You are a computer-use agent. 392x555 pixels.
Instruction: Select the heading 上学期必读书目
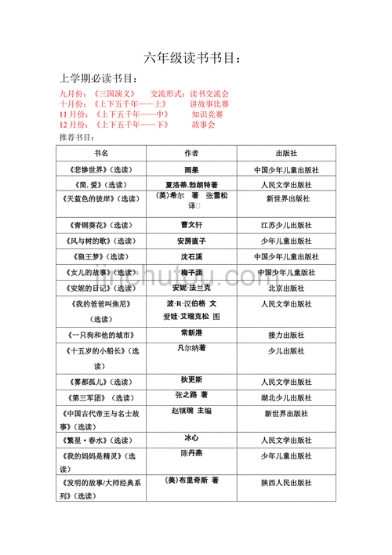[x=100, y=79]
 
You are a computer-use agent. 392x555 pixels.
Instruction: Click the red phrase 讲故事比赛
[x=209, y=103]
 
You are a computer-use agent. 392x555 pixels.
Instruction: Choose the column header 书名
[x=101, y=154]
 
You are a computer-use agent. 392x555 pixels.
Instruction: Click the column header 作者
[x=191, y=154]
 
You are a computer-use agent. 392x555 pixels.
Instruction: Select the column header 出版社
[x=286, y=154]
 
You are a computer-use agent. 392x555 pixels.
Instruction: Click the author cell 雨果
[x=191, y=169]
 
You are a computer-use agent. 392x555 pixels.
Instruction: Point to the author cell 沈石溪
[x=191, y=256]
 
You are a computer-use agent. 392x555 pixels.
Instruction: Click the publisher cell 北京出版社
[x=286, y=288]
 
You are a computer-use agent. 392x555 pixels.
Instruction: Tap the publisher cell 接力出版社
[x=286, y=335]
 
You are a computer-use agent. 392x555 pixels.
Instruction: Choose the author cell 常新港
[x=191, y=333]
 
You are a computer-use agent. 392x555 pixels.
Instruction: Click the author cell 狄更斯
[x=191, y=381]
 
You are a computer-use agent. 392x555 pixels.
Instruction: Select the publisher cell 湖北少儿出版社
[x=286, y=397]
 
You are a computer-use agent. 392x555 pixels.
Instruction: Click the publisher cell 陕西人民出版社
[x=286, y=484]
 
